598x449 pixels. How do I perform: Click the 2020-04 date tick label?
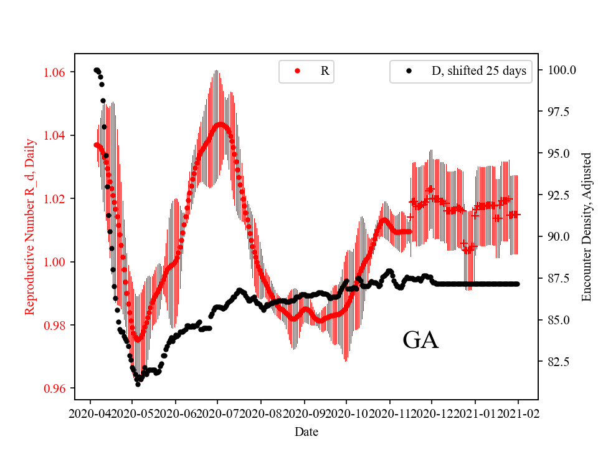[90, 413]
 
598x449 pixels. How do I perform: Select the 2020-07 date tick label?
[218, 413]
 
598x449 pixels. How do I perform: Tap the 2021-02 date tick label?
[518, 413]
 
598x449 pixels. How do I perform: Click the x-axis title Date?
[306, 432]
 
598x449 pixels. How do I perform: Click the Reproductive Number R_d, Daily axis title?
[29, 227]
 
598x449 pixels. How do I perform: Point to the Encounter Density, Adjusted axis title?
[586, 227]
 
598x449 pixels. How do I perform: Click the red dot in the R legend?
[297, 71]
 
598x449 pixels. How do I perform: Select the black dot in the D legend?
[409, 71]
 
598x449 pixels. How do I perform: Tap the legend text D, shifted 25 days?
[478, 71]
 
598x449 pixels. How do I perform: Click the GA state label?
[420, 340]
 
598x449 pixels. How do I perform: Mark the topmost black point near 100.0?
[96, 70]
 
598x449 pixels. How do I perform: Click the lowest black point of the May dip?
[138, 384]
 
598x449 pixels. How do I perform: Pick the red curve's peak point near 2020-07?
[221, 124]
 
